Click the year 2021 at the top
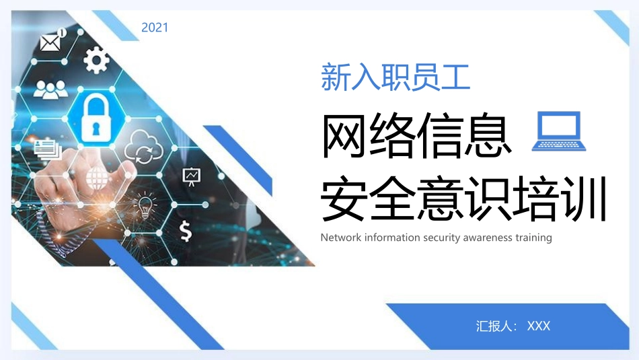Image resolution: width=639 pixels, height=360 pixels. [x=155, y=28]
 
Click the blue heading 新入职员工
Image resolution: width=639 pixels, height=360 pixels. [x=395, y=77]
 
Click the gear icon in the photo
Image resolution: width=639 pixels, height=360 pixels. [x=96, y=60]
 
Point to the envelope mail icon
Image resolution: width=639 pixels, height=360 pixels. [x=50, y=42]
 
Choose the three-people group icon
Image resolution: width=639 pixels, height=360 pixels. [x=50, y=89]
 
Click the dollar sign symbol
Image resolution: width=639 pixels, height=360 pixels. [x=185, y=231]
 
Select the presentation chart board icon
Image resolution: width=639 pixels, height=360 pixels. [x=192, y=176]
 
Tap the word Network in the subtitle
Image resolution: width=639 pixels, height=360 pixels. [x=341, y=238]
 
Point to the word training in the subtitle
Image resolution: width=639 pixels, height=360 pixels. [x=533, y=238]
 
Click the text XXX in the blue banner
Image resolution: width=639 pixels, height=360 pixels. [x=539, y=326]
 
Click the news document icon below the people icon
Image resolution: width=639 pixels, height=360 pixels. [x=48, y=147]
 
